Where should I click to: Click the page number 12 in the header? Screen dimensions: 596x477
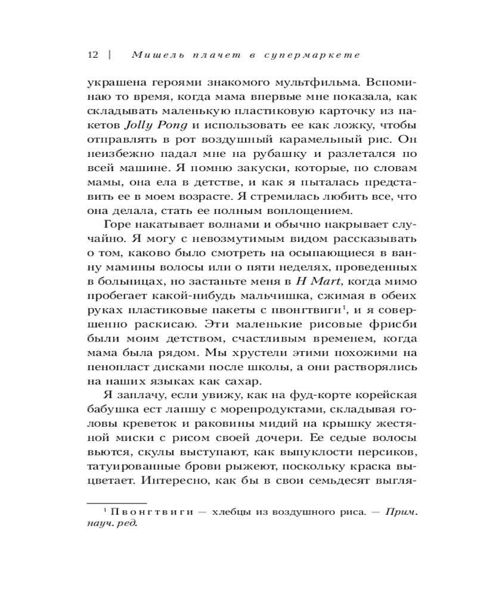pos(92,55)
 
